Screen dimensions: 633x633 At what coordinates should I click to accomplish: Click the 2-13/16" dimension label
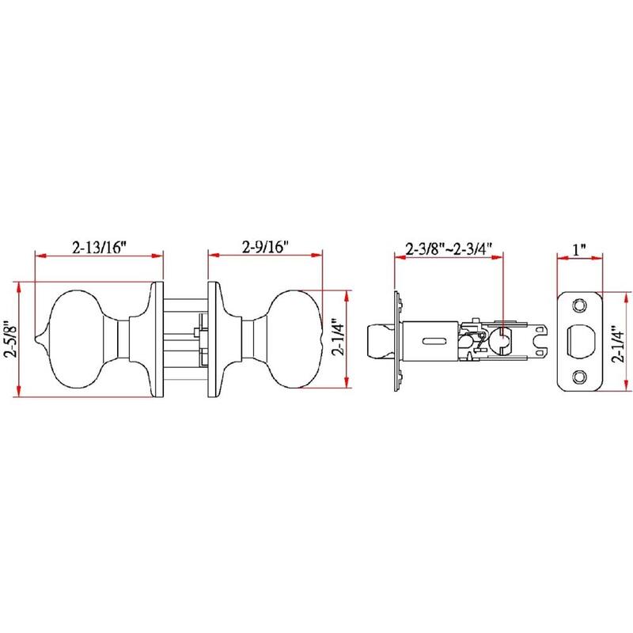point(100,247)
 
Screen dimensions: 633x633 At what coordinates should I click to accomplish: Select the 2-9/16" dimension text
point(265,247)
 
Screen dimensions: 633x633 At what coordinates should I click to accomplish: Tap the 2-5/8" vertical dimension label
point(10,339)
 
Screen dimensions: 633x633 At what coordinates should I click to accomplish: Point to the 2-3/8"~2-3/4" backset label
point(449,248)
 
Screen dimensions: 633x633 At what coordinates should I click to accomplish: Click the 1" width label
point(579,249)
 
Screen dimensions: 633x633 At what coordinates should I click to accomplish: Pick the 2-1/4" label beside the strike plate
point(619,343)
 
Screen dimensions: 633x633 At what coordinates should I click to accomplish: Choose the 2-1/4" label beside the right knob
point(339,339)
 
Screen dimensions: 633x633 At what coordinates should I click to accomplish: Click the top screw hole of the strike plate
point(579,305)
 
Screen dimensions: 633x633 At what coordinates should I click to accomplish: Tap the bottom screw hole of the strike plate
point(579,377)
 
